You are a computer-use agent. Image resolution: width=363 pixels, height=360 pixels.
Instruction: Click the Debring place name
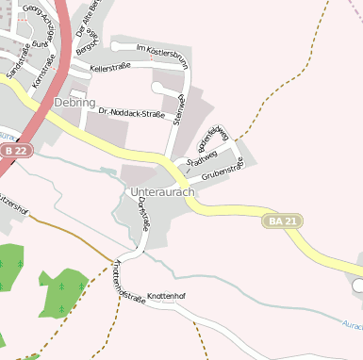point(74,101)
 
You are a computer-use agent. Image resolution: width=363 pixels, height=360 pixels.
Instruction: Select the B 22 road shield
point(15,150)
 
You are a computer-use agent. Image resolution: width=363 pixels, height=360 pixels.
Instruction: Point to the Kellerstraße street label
point(109,68)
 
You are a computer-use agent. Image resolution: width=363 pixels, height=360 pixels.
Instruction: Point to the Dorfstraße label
point(144,213)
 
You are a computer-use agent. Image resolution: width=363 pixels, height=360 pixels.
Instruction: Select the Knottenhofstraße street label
point(129,282)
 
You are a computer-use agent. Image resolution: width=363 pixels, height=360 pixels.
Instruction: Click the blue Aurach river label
point(350,324)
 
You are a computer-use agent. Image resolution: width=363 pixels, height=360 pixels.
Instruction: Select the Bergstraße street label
point(87,44)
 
